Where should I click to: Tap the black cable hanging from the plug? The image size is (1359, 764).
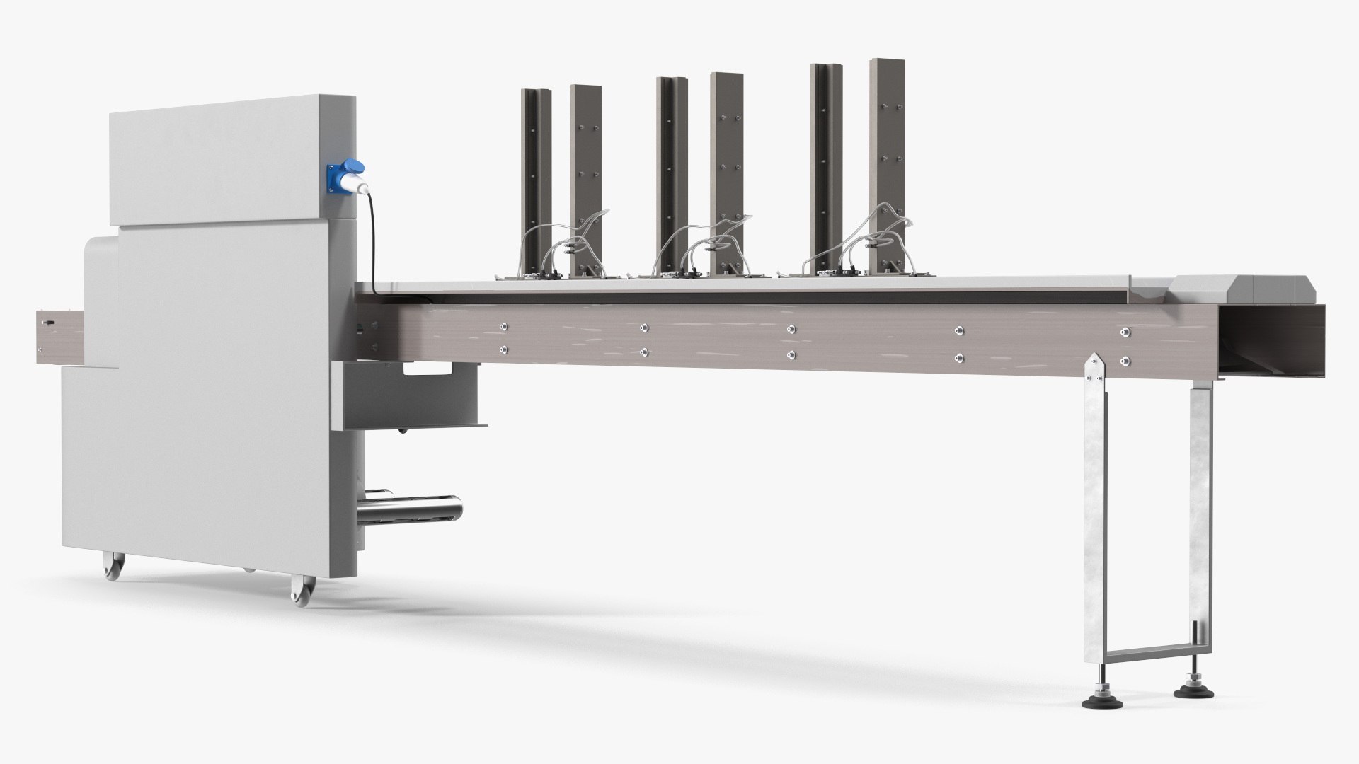pyautogui.click(x=373, y=241)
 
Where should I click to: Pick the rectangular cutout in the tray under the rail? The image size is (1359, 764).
pyautogui.click(x=428, y=367)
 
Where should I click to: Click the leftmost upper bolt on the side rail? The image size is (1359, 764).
pyautogui.click(x=503, y=327)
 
